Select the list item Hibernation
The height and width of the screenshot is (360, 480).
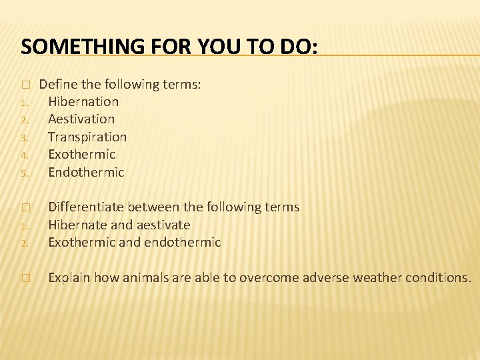point(83,102)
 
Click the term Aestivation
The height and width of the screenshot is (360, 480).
point(81,119)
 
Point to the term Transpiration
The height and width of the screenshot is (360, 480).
point(87,137)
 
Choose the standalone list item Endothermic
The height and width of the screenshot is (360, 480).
point(86,172)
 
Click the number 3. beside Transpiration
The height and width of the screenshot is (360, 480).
point(23,137)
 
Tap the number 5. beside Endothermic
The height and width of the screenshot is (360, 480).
point(23,173)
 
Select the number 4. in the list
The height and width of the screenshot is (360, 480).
point(23,155)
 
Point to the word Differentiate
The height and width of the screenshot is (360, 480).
point(86,207)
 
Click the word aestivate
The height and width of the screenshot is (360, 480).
point(163,225)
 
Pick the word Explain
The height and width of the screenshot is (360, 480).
point(69,277)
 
